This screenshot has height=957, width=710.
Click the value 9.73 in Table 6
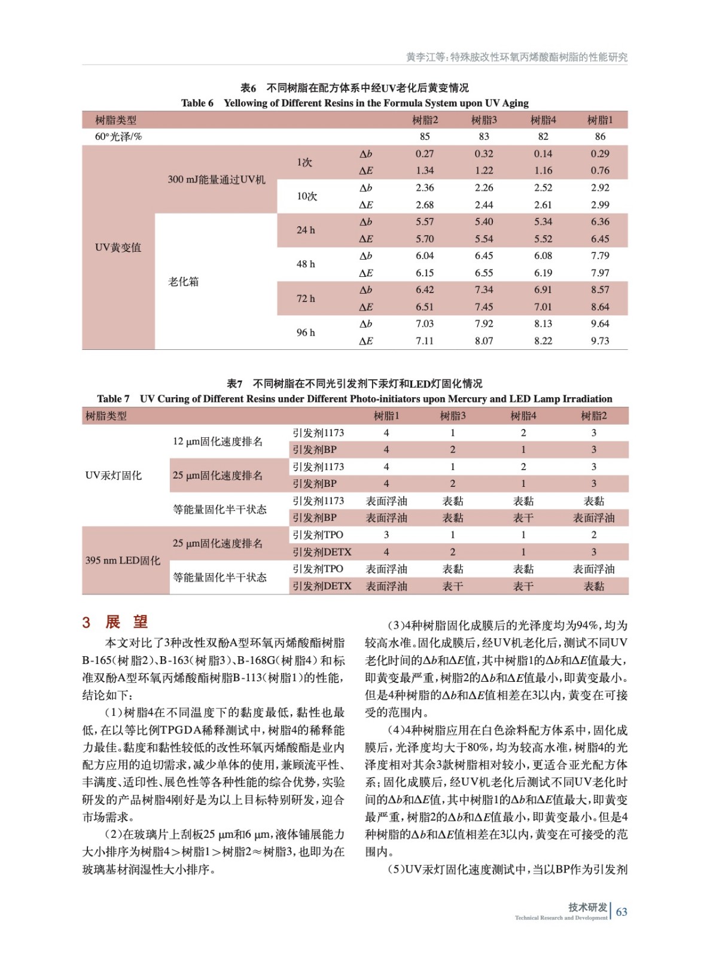click(x=599, y=341)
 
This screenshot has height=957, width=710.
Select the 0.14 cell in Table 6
click(x=543, y=154)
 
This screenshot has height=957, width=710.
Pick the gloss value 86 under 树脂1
click(x=600, y=136)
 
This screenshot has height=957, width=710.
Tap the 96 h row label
click(x=306, y=333)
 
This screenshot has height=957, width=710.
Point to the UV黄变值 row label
click(x=118, y=248)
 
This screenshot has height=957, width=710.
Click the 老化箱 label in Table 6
click(x=183, y=282)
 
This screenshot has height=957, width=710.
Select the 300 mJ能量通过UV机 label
click(x=216, y=179)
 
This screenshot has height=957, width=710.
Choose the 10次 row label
click(x=306, y=196)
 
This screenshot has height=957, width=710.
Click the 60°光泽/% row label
click(x=118, y=136)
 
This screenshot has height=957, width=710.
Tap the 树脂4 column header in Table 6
click(x=543, y=120)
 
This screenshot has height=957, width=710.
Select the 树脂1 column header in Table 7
click(x=386, y=416)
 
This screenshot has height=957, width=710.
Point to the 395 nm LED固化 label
click(x=123, y=560)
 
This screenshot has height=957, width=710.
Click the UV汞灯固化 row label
click(x=114, y=476)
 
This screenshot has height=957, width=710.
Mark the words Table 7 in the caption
click(x=113, y=399)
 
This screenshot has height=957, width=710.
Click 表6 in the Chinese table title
click(x=248, y=88)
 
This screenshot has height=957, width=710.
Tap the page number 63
click(x=621, y=912)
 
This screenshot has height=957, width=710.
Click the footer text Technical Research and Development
click(x=560, y=918)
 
